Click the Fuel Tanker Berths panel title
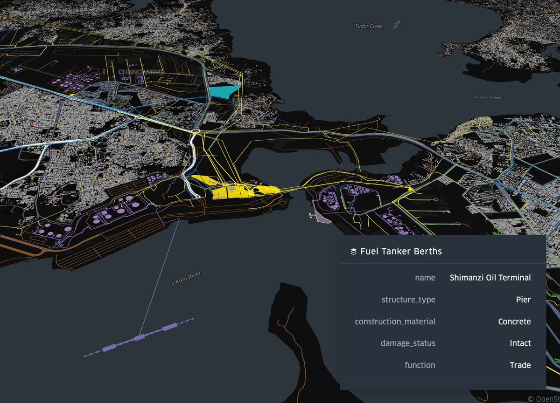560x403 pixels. pyautogui.click(x=401, y=252)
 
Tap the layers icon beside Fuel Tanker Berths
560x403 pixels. pyautogui.click(x=353, y=252)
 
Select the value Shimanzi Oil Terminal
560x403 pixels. pyautogui.click(x=490, y=278)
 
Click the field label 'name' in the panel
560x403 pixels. pyautogui.click(x=425, y=278)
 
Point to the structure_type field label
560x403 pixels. pyautogui.click(x=408, y=300)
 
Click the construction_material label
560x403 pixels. pyautogui.click(x=395, y=321)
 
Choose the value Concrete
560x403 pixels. pyautogui.click(x=514, y=321)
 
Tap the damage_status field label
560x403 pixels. pyautogui.click(x=408, y=343)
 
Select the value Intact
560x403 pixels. pyautogui.click(x=520, y=343)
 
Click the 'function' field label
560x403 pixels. pyautogui.click(x=420, y=365)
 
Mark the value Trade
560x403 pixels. pyautogui.click(x=520, y=365)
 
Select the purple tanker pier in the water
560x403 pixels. pyautogui.click(x=138, y=337)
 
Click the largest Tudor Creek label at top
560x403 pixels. pyautogui.click(x=369, y=27)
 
